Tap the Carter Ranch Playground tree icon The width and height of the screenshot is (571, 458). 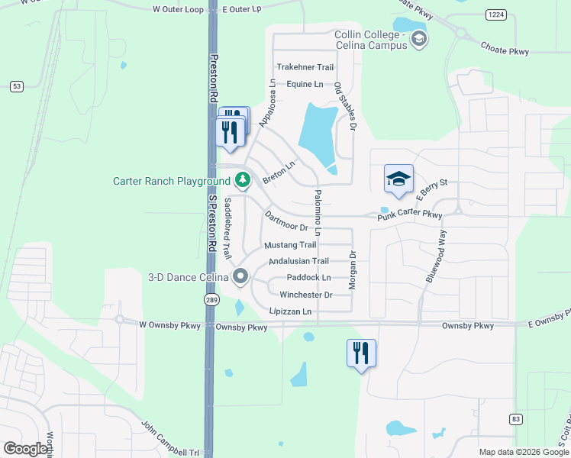(x=243, y=181)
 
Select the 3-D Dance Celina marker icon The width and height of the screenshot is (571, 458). (x=241, y=276)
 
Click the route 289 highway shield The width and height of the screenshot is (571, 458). (x=211, y=300)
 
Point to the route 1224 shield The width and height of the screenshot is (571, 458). (x=496, y=15)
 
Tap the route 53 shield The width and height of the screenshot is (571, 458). (x=15, y=86)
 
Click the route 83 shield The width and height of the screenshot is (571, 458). (x=516, y=419)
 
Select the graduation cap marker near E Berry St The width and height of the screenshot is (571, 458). (x=398, y=180)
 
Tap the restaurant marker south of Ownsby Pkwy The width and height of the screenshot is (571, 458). (x=361, y=353)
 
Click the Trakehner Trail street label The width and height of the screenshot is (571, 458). (x=305, y=67)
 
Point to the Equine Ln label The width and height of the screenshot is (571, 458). (x=305, y=84)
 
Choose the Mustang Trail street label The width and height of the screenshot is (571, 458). (x=290, y=245)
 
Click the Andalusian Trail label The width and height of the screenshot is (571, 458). (x=298, y=261)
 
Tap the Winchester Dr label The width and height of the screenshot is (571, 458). (x=306, y=295)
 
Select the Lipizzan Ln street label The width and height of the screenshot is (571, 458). (x=291, y=311)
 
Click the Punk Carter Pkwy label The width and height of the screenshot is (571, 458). (x=410, y=217)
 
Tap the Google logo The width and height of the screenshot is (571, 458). (x=25, y=449)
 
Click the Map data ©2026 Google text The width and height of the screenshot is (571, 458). (x=523, y=452)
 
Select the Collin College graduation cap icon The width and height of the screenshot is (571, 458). (x=418, y=39)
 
